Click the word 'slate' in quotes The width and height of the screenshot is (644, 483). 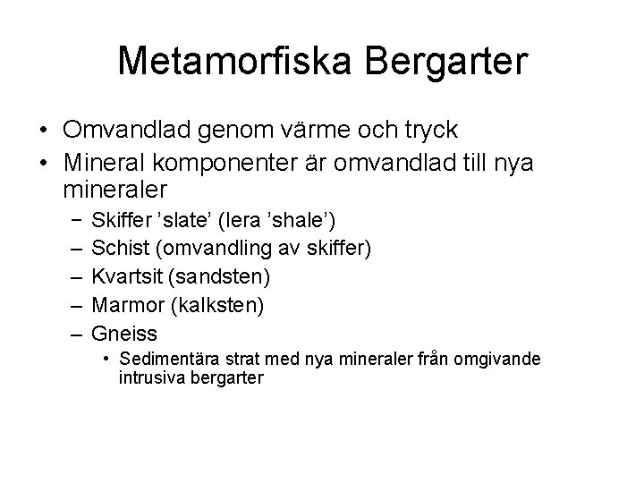(x=185, y=219)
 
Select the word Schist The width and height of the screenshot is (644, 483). (x=120, y=248)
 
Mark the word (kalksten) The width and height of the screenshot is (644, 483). (x=215, y=306)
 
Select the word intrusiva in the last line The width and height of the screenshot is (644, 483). (x=148, y=377)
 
